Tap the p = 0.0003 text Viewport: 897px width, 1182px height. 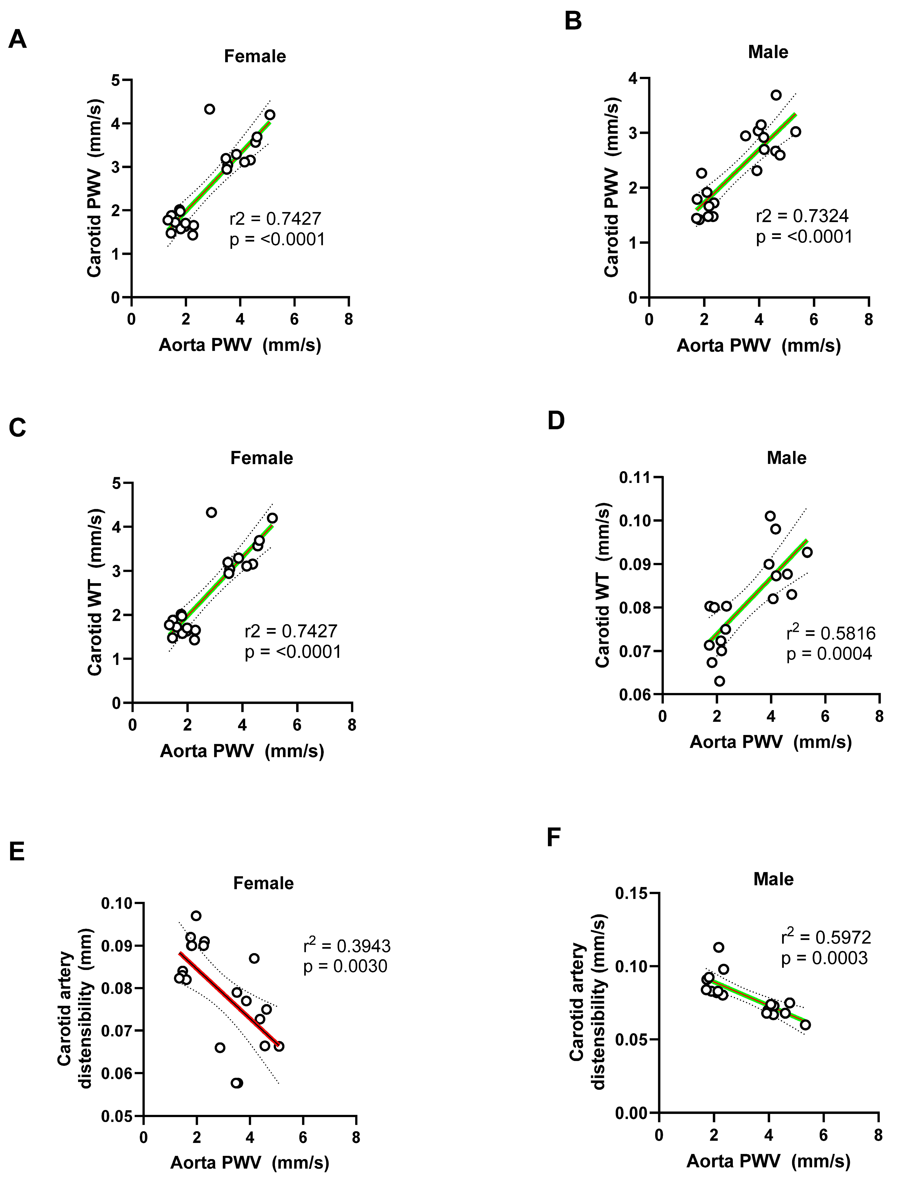coord(824,958)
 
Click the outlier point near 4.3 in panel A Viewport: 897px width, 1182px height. coord(209,109)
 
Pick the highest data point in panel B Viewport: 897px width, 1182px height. coord(776,95)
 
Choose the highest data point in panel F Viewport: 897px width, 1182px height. coord(719,947)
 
